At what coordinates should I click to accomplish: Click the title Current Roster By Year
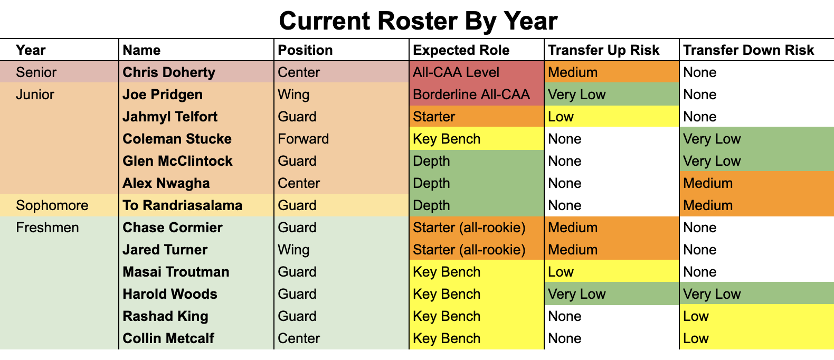pyautogui.click(x=418, y=21)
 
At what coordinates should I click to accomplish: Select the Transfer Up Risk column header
pyautogui.click(x=603, y=50)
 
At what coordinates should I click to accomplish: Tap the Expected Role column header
pyautogui.click(x=461, y=50)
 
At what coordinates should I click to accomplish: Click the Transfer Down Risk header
pyautogui.click(x=748, y=50)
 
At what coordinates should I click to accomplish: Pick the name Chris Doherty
pyautogui.click(x=169, y=72)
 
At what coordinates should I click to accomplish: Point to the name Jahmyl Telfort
pyautogui.click(x=170, y=117)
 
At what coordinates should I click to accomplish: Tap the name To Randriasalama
pyautogui.click(x=183, y=205)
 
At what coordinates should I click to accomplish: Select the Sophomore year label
pyautogui.click(x=52, y=205)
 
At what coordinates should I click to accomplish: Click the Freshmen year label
pyautogui.click(x=48, y=228)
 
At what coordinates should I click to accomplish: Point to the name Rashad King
pyautogui.click(x=165, y=316)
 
